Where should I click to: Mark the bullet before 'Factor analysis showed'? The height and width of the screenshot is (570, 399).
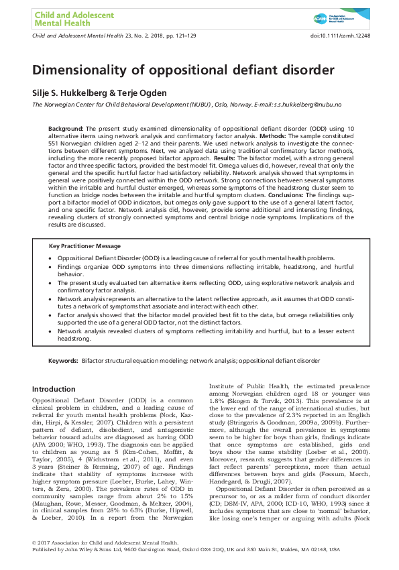[52, 312]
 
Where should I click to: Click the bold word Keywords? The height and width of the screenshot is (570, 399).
[63, 360]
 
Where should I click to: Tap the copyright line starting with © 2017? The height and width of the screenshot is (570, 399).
[105, 541]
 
